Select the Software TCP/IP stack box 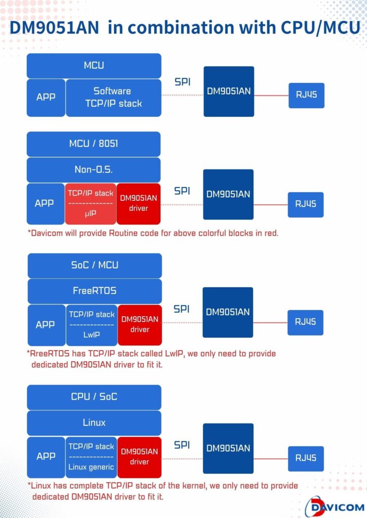click(x=114, y=98)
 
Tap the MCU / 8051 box click(x=94, y=144)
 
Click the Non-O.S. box click(x=94, y=170)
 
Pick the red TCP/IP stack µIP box click(x=91, y=204)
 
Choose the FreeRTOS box click(x=95, y=291)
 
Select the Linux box click(x=94, y=423)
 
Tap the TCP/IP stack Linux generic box click(x=91, y=457)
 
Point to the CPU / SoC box click(x=94, y=397)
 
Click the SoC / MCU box click(x=95, y=266)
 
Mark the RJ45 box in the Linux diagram click(x=306, y=458)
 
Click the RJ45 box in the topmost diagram click(x=307, y=96)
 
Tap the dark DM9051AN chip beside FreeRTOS click(x=228, y=312)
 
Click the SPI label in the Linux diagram click(x=182, y=445)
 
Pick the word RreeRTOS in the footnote click(x=50, y=354)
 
